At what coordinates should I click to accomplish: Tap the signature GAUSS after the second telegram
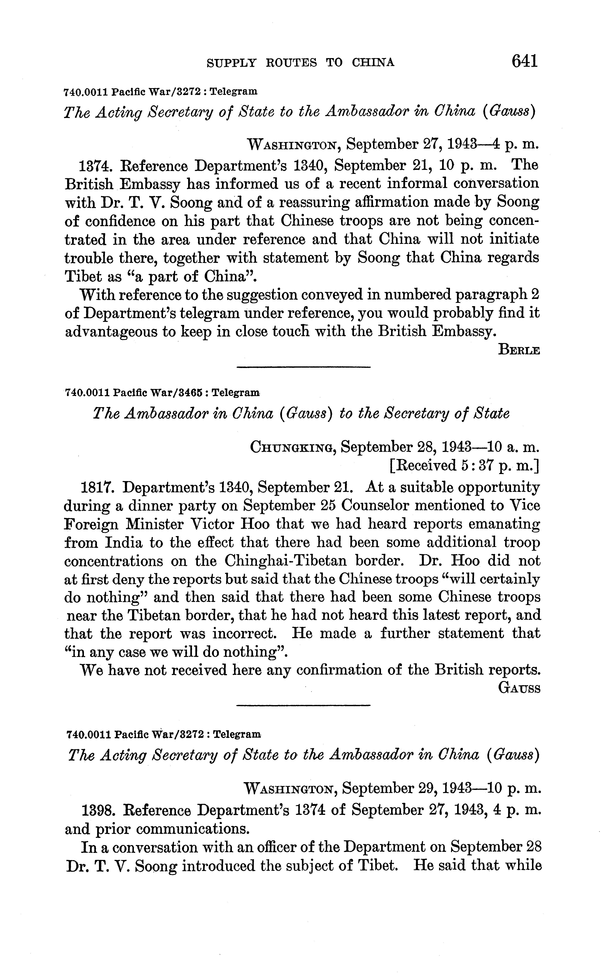(519, 689)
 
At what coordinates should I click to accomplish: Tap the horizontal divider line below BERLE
(303, 367)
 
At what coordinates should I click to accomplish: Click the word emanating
(504, 524)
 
